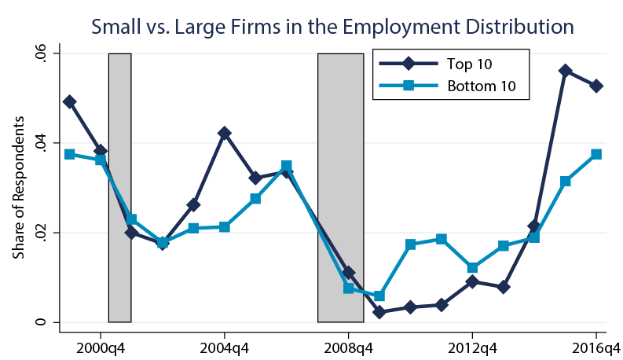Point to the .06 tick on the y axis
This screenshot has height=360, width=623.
click(39, 53)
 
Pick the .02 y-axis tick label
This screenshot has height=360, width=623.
click(39, 233)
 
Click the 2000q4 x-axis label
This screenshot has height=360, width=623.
click(101, 346)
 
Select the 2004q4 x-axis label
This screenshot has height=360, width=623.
click(225, 346)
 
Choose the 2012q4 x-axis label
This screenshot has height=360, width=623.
click(472, 346)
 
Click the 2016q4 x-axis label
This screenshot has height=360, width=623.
click(595, 346)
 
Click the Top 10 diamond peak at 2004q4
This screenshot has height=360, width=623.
click(225, 134)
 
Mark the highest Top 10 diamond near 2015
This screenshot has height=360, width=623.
click(566, 71)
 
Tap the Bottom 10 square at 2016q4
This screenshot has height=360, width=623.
click(596, 155)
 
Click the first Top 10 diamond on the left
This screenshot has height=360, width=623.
click(70, 101)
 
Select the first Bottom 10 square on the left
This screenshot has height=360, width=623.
click(70, 154)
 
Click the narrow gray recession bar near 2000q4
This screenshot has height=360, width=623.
click(119, 188)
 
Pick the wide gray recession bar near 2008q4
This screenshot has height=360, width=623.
click(340, 188)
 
